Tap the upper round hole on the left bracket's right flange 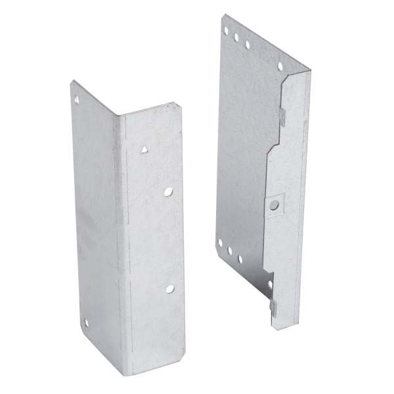coord(168,192)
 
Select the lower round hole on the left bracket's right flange coord(169,288)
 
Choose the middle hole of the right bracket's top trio coord(236,37)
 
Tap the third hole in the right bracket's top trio coord(247,45)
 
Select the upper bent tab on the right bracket coord(281,116)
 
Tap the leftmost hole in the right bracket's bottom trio coord(220,243)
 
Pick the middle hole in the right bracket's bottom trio coord(229,251)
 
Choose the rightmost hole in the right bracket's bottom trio coord(239,259)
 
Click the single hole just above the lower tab coord(270,286)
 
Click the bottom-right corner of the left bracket coord(183,372)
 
